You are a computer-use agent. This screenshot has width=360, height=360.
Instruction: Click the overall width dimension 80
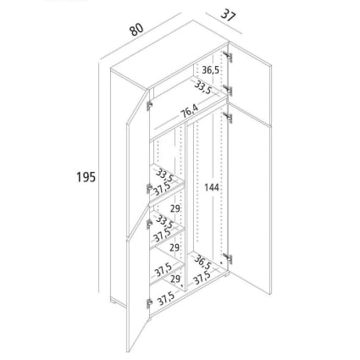pyautogui.click(x=137, y=30)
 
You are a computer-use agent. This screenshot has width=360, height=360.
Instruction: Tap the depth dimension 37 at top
pyautogui.click(x=228, y=15)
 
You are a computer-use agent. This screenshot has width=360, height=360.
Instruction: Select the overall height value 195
pyautogui.click(x=86, y=177)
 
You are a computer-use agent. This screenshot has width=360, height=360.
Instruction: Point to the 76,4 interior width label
pyautogui.click(x=190, y=111)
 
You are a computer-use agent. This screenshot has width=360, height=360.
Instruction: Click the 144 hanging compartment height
pyautogui.click(x=212, y=187)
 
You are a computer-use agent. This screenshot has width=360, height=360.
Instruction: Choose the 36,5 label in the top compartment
pyautogui.click(x=210, y=69)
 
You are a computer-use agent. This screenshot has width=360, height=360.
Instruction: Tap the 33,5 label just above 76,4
pyautogui.click(x=202, y=87)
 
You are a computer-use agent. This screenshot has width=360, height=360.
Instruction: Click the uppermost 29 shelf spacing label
pyautogui.click(x=175, y=208)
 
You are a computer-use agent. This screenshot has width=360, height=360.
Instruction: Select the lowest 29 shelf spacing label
pyautogui.click(x=175, y=279)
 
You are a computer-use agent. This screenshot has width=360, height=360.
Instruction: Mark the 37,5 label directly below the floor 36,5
pyautogui.click(x=202, y=277)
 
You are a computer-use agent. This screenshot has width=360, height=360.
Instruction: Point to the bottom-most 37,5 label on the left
pyautogui.click(x=165, y=298)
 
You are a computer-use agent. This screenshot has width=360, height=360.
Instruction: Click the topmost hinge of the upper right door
pyautogui.click(x=228, y=57)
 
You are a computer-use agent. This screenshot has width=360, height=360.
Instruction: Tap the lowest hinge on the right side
pyautogui.click(x=228, y=258)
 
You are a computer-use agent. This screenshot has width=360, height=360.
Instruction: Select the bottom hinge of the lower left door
pyautogui.click(x=149, y=303)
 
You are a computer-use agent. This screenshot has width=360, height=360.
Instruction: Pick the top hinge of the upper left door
pyautogui.click(x=149, y=105)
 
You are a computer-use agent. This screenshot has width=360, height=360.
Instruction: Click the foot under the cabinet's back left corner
pyautogui.click(x=114, y=301)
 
